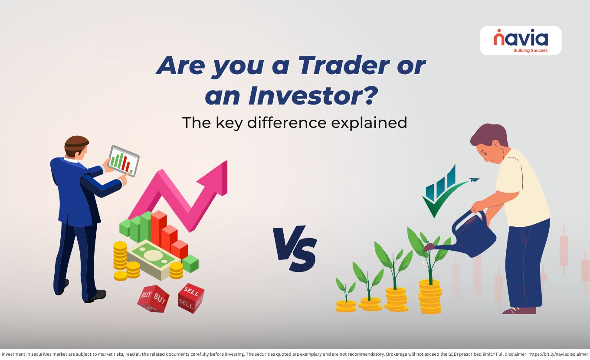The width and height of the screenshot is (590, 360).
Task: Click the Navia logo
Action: pyautogui.click(x=521, y=41)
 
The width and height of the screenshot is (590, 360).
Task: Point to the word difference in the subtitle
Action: pyautogui.click(x=287, y=122)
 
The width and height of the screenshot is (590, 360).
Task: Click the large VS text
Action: pyautogui.click(x=295, y=249)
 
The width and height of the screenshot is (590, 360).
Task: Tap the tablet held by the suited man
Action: pyautogui.click(x=124, y=160)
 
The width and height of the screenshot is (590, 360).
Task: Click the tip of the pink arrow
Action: pyautogui.click(x=226, y=161)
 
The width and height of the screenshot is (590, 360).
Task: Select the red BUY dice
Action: pyautogui.click(x=153, y=299)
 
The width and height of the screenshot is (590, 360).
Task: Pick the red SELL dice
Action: pyautogui.click(x=191, y=298)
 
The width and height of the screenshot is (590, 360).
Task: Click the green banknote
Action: pyautogui.click(x=154, y=259)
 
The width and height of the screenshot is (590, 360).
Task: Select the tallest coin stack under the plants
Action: pyautogui.click(x=430, y=297)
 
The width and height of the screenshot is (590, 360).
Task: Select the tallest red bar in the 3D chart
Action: pyautogui.click(x=159, y=229)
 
